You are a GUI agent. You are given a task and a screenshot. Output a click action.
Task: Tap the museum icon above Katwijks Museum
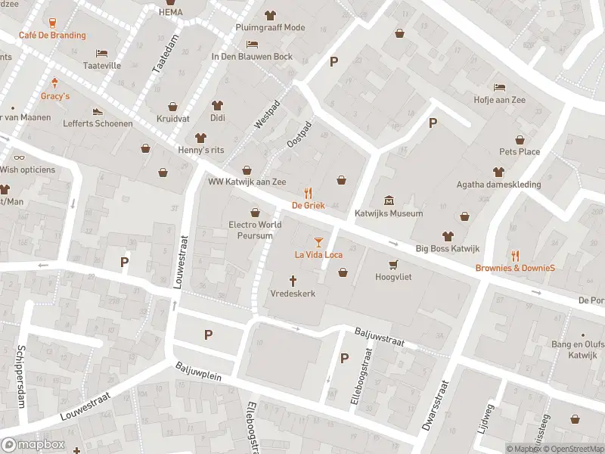[x=389, y=201]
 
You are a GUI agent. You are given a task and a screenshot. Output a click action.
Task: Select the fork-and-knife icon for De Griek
[x=308, y=192]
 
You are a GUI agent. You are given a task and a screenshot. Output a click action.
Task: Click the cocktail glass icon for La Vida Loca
[x=318, y=241]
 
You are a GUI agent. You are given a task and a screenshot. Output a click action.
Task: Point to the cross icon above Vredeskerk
[x=293, y=280]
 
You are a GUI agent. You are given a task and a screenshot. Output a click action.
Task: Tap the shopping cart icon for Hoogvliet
[x=392, y=264]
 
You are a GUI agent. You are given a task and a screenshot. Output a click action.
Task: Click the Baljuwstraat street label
[x=380, y=337]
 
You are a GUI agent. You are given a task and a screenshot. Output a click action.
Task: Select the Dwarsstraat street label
[x=438, y=406]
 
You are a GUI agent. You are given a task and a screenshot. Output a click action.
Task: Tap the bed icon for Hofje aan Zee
[x=499, y=87]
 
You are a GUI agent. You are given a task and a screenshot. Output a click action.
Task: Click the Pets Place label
[x=519, y=151]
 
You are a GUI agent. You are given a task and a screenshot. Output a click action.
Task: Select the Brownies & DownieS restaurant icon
[x=515, y=255]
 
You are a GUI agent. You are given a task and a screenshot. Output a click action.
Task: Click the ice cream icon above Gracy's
[x=54, y=83]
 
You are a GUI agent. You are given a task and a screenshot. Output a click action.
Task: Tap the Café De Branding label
[x=52, y=35]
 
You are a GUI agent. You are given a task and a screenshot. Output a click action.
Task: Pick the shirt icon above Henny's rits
[x=200, y=137]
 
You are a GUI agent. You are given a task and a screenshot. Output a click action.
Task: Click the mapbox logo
[x=33, y=444]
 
